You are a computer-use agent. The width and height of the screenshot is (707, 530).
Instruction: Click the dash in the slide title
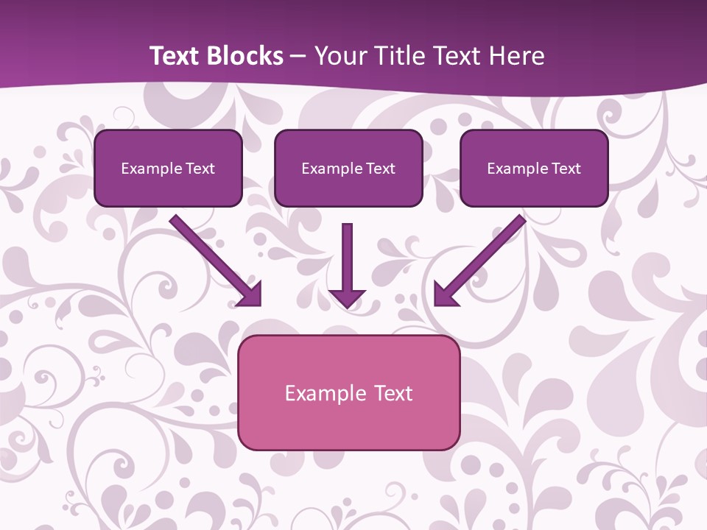point(298,57)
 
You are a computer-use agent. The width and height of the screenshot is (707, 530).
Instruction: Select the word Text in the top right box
point(566,169)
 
